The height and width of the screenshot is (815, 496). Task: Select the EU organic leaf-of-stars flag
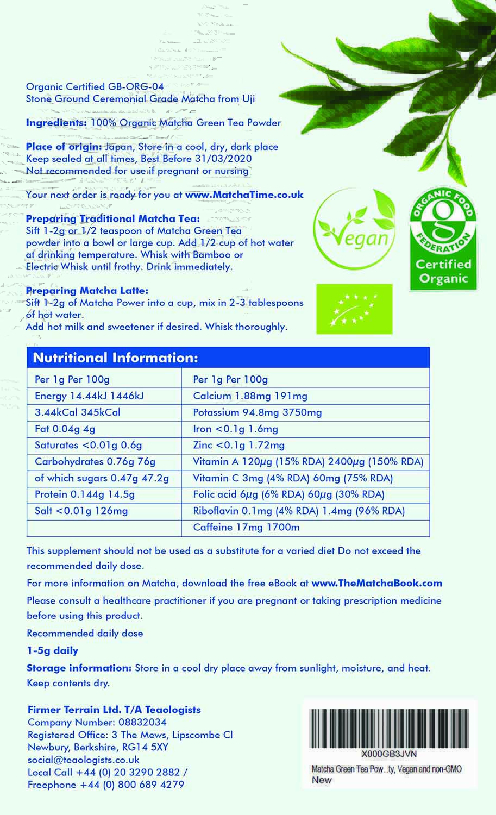(354, 309)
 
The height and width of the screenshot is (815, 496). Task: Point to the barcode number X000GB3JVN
(389, 754)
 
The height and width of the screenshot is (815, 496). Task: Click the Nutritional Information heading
(116, 358)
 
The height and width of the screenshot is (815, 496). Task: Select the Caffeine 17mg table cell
(247, 527)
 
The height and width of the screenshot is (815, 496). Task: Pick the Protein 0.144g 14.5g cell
(85, 494)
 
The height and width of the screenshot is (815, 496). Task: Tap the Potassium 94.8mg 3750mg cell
(258, 412)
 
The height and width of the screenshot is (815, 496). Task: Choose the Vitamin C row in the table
(293, 478)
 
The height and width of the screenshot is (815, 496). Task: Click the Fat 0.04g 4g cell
(65, 429)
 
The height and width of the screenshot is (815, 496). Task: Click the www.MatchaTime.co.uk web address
(244, 195)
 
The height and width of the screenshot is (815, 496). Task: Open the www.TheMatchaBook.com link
(376, 583)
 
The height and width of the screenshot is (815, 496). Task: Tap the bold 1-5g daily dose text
(53, 650)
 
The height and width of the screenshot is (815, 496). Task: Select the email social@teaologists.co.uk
(84, 760)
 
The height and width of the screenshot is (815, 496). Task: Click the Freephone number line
(106, 785)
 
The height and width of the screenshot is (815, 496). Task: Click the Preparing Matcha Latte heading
(87, 291)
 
